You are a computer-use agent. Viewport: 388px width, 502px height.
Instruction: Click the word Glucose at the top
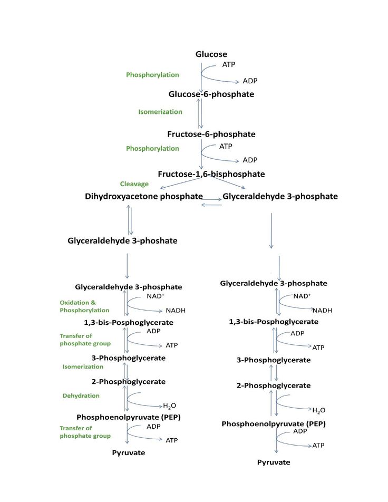click(211, 54)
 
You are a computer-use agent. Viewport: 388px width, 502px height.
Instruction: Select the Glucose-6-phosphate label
click(211, 94)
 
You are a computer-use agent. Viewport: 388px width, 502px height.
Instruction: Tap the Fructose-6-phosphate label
click(211, 134)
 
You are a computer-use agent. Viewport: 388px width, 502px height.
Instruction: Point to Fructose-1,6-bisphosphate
click(211, 174)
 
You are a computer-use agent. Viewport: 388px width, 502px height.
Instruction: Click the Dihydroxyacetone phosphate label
click(144, 196)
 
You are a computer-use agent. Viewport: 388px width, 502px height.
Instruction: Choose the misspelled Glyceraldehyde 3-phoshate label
click(122, 241)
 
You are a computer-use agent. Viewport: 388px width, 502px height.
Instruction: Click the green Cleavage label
click(134, 184)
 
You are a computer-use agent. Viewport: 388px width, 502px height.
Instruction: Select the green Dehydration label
click(81, 395)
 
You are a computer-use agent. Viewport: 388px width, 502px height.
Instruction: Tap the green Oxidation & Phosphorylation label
click(84, 306)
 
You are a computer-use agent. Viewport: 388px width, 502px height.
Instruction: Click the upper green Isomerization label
click(160, 112)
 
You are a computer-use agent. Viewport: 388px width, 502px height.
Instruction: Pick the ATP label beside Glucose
click(229, 64)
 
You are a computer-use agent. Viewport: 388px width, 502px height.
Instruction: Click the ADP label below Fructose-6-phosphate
click(250, 160)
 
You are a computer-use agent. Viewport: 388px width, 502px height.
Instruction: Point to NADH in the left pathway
click(176, 311)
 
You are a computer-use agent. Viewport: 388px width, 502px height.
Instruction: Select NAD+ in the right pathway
click(302, 296)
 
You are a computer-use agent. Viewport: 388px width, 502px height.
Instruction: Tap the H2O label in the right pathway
click(319, 410)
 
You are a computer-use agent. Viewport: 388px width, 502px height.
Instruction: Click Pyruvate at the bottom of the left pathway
click(129, 452)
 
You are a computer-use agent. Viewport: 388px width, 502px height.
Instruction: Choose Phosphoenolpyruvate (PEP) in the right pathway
click(274, 424)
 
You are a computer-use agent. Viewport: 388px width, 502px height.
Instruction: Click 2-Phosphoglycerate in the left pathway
click(129, 382)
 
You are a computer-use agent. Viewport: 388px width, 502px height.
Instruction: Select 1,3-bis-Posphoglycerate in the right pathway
click(274, 322)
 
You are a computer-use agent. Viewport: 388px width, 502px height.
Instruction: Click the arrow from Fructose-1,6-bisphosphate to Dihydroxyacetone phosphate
click(180, 183)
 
